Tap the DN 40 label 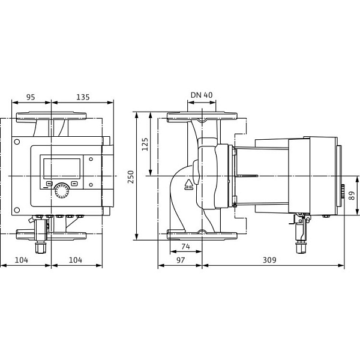[202, 95]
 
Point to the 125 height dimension [146, 145]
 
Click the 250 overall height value [133, 175]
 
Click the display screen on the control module [61, 167]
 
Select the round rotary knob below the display [61, 191]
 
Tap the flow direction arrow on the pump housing [190, 184]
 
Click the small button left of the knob [49, 184]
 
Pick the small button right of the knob [74, 184]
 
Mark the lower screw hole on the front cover [17, 211]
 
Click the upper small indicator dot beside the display [89, 160]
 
